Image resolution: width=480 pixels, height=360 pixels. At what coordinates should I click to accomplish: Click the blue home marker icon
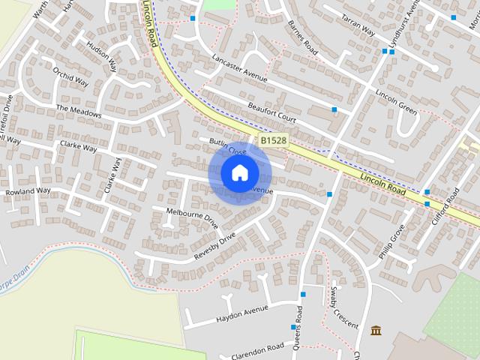(239, 173)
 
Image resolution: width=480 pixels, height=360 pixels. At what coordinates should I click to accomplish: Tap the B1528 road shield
(274, 140)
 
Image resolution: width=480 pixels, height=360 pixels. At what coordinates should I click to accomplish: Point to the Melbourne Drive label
(192, 218)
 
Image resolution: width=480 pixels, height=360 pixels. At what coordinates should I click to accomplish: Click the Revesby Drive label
(214, 246)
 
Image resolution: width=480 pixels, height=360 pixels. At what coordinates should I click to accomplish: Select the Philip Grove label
(391, 241)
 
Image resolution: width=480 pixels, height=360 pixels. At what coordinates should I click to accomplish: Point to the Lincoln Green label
(395, 103)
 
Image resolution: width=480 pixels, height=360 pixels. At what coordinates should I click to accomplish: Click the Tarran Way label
(358, 25)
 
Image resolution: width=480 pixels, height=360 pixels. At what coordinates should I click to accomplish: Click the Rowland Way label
(28, 191)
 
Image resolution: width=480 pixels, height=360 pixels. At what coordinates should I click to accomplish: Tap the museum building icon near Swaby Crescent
(375, 330)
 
